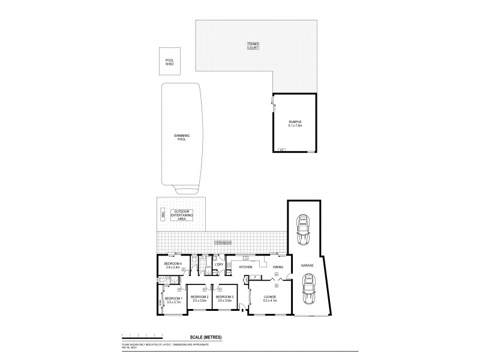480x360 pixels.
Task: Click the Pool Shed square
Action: click(169, 62)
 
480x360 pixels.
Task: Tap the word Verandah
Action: click(223, 243)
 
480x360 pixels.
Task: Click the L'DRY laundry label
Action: click(219, 265)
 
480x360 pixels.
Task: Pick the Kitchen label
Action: click(246, 266)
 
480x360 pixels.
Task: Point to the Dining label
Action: click(278, 266)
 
